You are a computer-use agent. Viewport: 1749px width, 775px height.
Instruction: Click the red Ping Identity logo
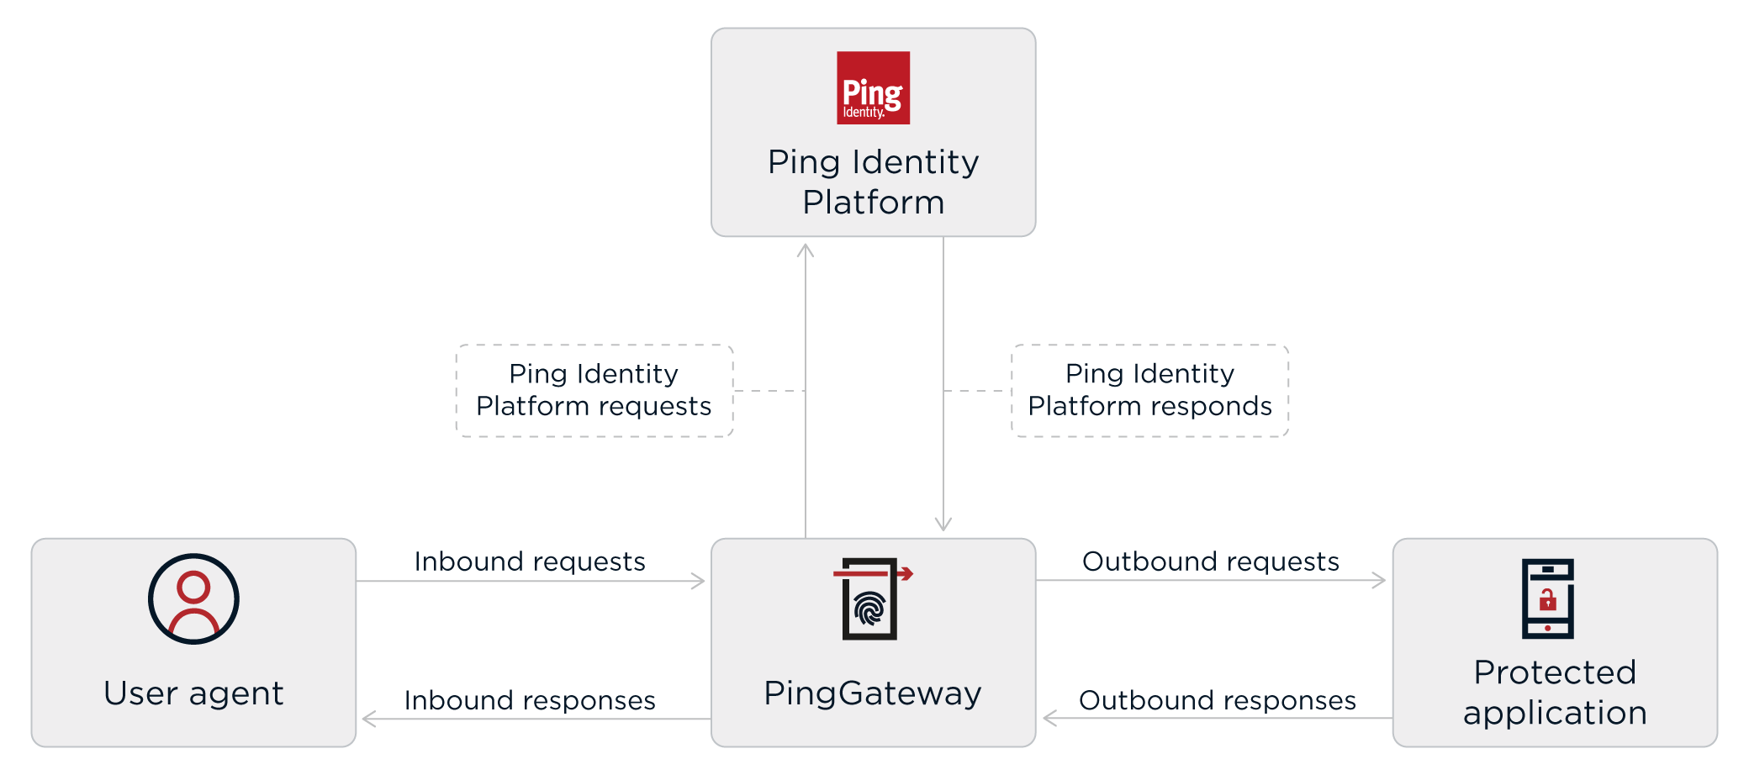coord(873,88)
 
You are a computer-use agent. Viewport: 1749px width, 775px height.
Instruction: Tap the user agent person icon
coord(193,598)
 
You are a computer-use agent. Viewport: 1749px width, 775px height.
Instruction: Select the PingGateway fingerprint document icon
coord(870,599)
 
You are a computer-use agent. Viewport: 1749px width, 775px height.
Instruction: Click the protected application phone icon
coord(1547,598)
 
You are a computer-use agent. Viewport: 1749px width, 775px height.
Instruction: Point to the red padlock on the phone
coord(1547,600)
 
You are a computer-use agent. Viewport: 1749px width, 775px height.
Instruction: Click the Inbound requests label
coord(530,561)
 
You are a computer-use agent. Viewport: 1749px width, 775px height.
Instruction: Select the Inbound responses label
coord(530,700)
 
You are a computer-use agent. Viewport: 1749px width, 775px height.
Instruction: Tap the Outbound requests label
coord(1210,561)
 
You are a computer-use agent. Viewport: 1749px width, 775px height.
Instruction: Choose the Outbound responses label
coord(1217,700)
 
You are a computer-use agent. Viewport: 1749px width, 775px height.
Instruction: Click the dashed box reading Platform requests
coord(594,390)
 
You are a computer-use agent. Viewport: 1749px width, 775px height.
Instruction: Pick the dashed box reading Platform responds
coord(1149,390)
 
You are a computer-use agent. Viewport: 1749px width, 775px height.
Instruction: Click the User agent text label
coord(193,693)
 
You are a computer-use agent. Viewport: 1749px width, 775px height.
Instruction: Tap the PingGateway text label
coord(873,693)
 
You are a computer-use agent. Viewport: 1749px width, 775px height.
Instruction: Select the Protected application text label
coord(1555,692)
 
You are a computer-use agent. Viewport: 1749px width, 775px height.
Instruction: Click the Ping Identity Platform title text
coord(873,182)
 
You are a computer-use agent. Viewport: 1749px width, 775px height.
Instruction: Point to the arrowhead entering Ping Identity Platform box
coord(806,250)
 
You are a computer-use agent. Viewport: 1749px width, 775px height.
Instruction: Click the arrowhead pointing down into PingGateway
coord(943,525)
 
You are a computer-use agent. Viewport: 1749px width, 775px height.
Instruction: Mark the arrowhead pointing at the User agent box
coord(368,719)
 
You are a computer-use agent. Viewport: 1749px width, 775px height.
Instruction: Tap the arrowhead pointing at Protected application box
coord(1379,580)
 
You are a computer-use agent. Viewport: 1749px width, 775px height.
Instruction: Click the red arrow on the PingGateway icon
coord(905,574)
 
